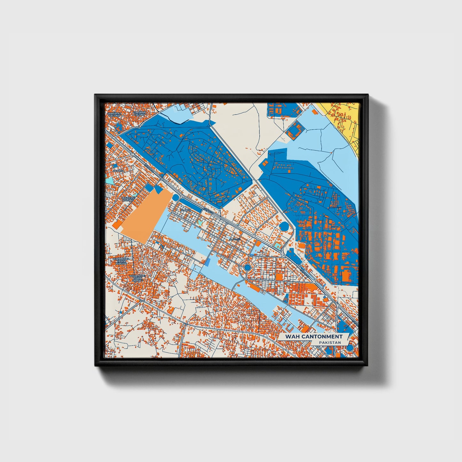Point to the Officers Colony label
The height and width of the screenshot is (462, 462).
pos(128,199)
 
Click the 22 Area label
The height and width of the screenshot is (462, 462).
pos(186,210)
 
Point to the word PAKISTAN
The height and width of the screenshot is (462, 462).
pos(330,342)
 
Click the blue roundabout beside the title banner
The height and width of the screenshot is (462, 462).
pos(350,348)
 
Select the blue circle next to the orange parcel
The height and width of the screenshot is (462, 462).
pos(176,197)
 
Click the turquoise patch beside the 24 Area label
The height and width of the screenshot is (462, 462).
pos(109,181)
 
